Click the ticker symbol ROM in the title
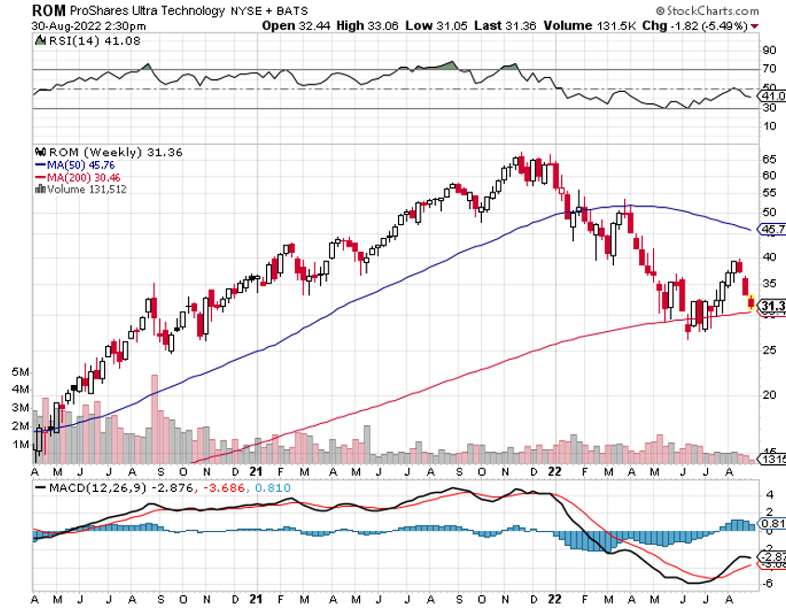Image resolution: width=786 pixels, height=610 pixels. (49, 10)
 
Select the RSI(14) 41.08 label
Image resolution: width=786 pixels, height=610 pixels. (74, 42)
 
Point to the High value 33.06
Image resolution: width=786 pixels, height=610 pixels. (380, 26)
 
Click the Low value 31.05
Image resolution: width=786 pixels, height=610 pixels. (455, 26)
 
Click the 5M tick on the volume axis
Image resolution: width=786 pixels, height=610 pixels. (20, 372)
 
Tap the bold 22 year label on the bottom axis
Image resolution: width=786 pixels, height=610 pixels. (555, 600)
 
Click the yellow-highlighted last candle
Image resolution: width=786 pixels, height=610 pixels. (751, 300)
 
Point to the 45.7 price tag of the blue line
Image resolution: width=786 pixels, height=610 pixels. (773, 229)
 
